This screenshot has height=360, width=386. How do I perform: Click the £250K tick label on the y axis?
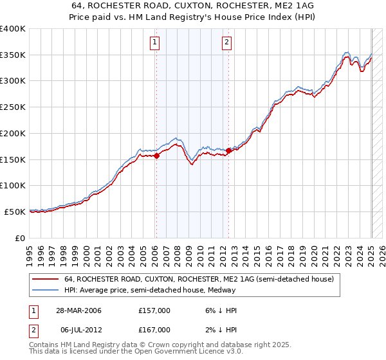(x=13, y=107)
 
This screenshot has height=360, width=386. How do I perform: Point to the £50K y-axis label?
(x=15, y=212)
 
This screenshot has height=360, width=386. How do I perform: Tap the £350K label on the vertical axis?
(x=13, y=55)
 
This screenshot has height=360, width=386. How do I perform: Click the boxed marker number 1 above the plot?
(x=156, y=43)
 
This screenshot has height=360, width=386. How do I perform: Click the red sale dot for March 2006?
(x=156, y=155)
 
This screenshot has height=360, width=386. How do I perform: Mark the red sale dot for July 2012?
(x=228, y=150)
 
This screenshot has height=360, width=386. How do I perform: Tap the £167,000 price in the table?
(x=154, y=329)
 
